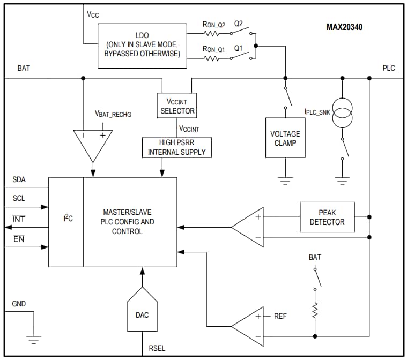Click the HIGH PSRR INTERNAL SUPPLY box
[x=176, y=147]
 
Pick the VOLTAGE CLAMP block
[x=285, y=138]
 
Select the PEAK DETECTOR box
[x=327, y=217]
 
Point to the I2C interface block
[x=65, y=221]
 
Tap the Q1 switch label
[x=239, y=48]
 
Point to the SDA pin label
[x=19, y=180]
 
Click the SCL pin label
[x=19, y=198]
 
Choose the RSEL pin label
[x=157, y=349]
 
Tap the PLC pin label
[x=388, y=68]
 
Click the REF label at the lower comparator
[x=280, y=316]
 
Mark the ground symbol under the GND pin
[x=33, y=339]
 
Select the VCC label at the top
[x=93, y=14]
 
